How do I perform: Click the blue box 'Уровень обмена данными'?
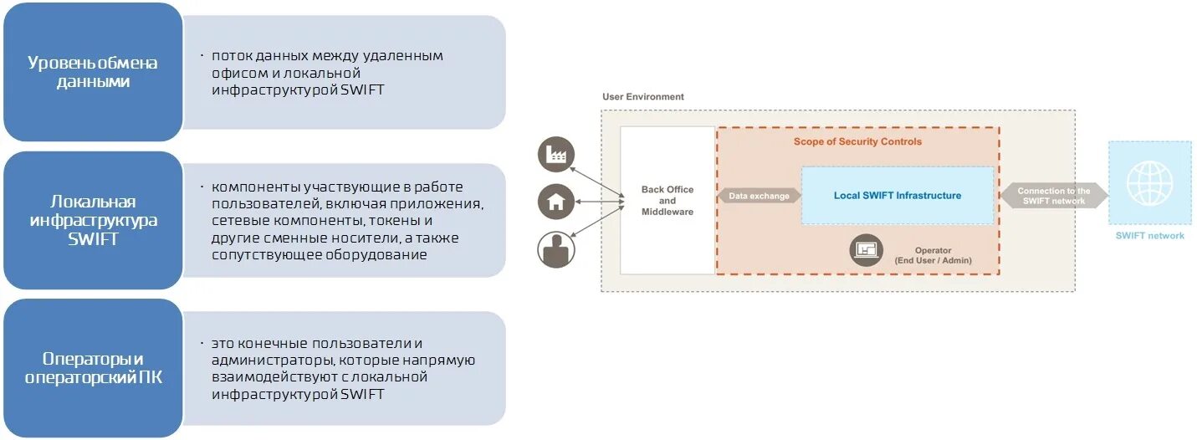[92, 72]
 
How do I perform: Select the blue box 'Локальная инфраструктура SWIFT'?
[92, 220]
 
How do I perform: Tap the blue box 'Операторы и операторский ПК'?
[92, 368]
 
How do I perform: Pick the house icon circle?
[556, 201]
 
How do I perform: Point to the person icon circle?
[556, 248]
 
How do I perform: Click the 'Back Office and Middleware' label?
[667, 201]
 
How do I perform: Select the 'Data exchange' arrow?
[759, 196]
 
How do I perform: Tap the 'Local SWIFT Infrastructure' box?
[897, 196]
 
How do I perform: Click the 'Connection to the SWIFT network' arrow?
[1053, 196]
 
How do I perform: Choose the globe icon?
[1149, 183]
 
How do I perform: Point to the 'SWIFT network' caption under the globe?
[1149, 236]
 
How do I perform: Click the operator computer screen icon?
[867, 250]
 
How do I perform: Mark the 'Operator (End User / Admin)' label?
[933, 255]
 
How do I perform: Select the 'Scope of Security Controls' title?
[857, 141]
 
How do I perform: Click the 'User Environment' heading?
[642, 97]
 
